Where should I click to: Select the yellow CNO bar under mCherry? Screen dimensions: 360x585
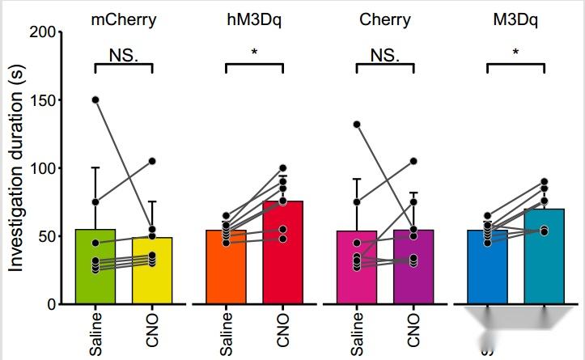point(152,279)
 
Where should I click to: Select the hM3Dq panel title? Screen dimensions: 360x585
point(254,19)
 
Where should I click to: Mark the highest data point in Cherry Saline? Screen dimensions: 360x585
point(357,125)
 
